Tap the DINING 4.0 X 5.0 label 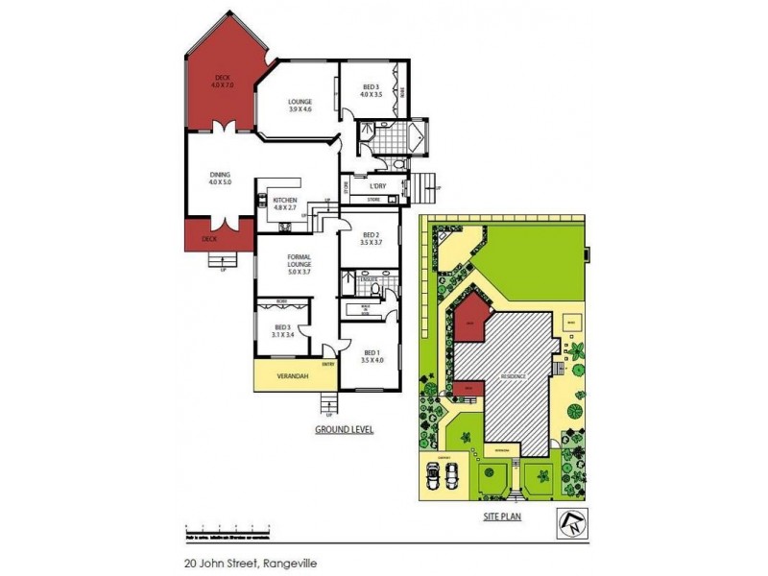pyautogui.click(x=220, y=178)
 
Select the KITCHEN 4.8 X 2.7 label pyautogui.click(x=285, y=203)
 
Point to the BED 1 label pyautogui.click(x=372, y=357)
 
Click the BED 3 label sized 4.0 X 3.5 pyautogui.click(x=371, y=91)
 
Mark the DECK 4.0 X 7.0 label pyautogui.click(x=223, y=81)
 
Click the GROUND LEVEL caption pyautogui.click(x=343, y=430)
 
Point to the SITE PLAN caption pyautogui.click(x=500, y=516)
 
